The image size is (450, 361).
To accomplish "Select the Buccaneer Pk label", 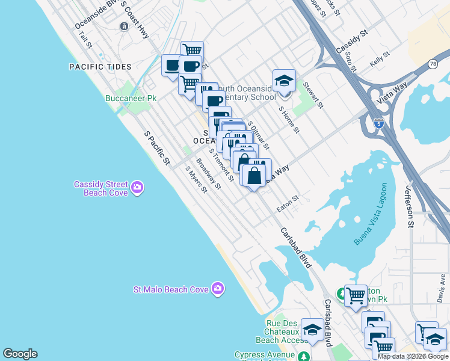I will pos(131,98).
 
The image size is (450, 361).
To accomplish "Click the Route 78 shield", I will pos(433,64).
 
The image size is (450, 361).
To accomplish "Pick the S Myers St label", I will pos(196,179).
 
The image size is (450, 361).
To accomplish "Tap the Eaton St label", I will pos(288,203).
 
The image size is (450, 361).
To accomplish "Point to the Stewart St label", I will pos(313,95).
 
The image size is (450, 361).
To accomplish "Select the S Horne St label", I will pos(289,120).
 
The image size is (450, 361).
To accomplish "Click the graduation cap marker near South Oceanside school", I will pos(284,81).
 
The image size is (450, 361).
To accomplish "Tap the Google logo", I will pos(20,354).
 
